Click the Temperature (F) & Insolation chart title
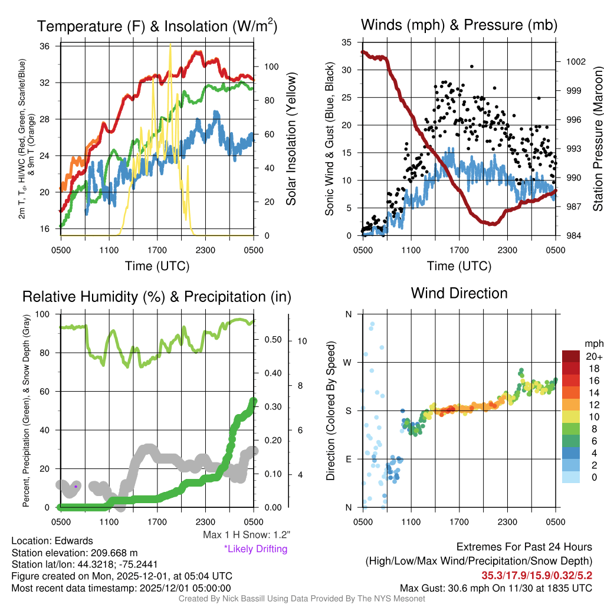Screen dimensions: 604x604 click(157, 26)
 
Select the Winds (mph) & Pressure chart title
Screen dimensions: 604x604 click(459, 25)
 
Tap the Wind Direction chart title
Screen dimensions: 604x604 click(459, 293)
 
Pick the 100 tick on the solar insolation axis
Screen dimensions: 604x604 click(267, 67)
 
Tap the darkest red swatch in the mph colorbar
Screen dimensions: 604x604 click(571, 357)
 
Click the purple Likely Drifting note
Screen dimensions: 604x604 click(255, 549)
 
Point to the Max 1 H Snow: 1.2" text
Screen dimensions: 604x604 click(246, 535)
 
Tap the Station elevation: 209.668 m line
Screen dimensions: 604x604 click(74, 552)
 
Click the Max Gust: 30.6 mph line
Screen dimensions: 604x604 click(496, 587)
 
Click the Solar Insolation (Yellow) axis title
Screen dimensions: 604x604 click(291, 139)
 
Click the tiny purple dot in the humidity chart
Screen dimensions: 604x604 click(76, 487)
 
